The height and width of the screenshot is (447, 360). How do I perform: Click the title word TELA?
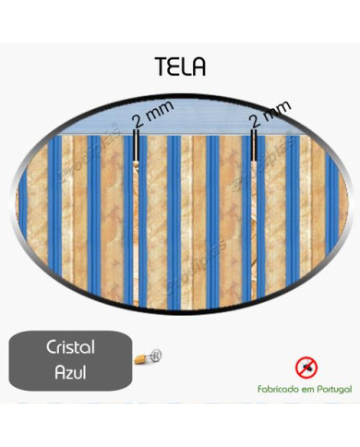click(180, 67)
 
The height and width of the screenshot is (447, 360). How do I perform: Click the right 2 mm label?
click(270, 113)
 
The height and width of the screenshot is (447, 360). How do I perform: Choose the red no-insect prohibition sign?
click(306, 368)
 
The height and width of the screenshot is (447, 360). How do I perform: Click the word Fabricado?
click(280, 390)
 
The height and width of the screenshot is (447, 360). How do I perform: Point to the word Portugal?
click(332, 390)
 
